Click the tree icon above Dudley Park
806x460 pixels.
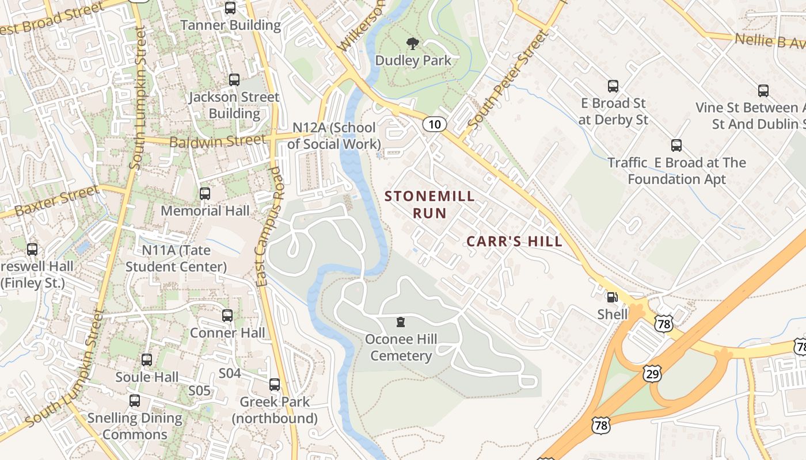click(412, 43)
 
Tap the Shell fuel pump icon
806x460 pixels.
click(612, 297)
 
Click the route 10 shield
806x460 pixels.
click(435, 124)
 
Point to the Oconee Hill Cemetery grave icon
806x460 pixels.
click(401, 323)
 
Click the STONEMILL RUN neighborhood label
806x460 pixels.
click(429, 205)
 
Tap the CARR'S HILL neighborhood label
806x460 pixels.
click(514, 241)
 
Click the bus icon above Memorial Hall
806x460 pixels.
click(205, 194)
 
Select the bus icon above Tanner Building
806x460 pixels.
click(230, 8)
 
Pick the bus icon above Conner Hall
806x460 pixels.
click(227, 316)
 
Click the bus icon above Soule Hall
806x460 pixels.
click(147, 361)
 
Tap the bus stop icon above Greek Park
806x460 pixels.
click(275, 385)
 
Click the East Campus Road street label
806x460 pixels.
click(269, 227)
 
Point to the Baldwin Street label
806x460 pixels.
click(218, 140)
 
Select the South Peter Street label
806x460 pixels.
click(509, 79)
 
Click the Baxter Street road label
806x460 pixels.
click(56, 201)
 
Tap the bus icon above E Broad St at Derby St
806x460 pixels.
click(613, 87)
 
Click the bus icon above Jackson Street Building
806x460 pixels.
click(234, 80)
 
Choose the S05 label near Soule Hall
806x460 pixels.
click(200, 391)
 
